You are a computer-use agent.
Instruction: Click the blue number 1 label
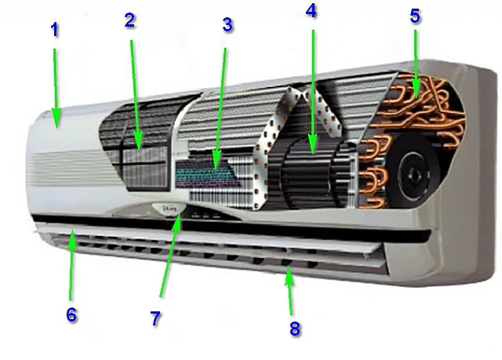point(55,30)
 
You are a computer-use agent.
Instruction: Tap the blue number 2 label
point(129,20)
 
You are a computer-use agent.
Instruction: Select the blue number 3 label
point(227,24)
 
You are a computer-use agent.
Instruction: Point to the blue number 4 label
point(311,11)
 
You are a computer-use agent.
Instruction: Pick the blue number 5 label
point(415,16)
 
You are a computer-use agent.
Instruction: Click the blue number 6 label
point(71,315)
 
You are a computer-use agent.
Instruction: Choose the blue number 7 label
point(155,318)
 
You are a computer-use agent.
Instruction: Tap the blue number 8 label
point(295,329)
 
